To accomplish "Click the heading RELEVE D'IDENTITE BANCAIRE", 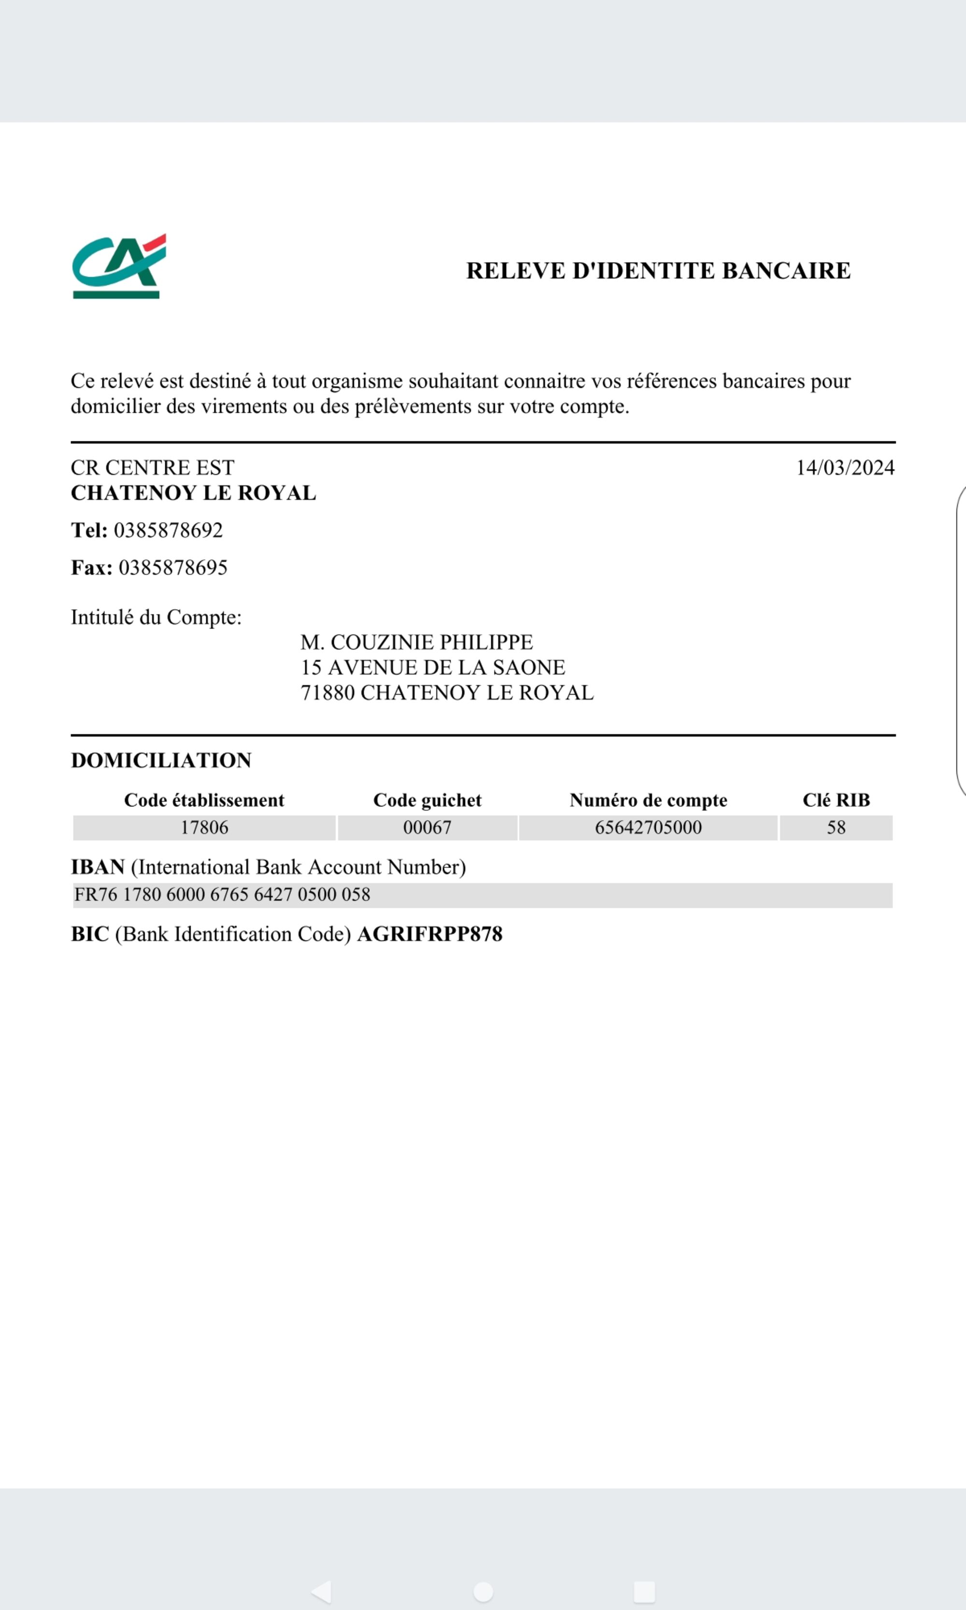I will coord(658,270).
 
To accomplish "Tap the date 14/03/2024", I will coord(845,468).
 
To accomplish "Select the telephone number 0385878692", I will coord(168,530).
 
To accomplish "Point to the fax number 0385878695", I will coord(172,567).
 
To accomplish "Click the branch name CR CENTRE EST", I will coord(152,468).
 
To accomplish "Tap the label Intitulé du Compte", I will coord(156,617).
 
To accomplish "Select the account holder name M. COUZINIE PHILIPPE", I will coord(417,642).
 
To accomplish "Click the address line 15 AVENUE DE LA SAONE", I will coord(432,667).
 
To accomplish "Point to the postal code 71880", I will coord(327,693).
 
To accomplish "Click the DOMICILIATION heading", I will coord(161,760).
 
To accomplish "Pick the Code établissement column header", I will coord(204,800).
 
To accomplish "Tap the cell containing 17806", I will coord(204,827).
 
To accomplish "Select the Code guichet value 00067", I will coord(427,827).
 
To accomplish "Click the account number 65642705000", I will coord(648,827).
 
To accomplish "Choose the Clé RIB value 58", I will coord(836,827).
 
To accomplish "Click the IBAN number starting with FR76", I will coord(222,895).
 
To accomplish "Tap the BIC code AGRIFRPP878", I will coord(429,934).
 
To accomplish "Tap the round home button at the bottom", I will coord(483,1591).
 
